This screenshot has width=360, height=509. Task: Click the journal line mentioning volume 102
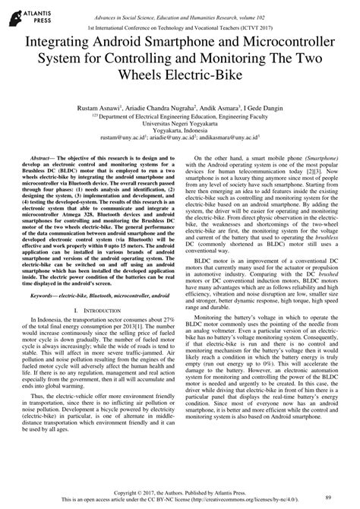180,7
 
